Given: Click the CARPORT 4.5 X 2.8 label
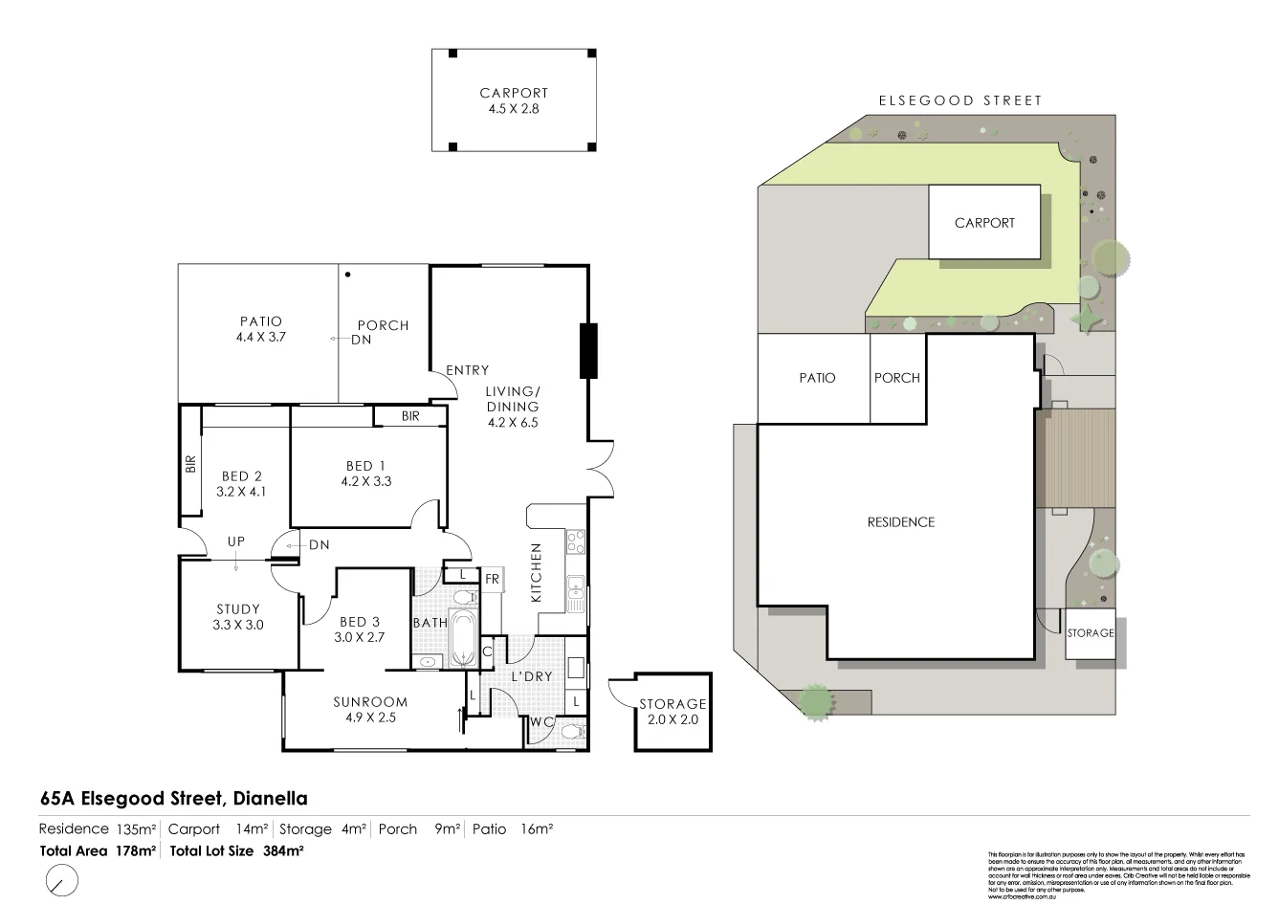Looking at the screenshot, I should (514, 100).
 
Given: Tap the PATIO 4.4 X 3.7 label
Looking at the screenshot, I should (260, 329).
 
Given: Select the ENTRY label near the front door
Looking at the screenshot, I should (467, 370).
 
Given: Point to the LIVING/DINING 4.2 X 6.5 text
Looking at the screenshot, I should (513, 407).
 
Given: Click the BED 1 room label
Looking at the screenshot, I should (368, 474).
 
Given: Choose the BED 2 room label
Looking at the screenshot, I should (241, 483).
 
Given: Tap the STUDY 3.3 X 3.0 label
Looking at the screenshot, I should (238, 616).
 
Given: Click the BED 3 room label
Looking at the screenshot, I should (359, 629).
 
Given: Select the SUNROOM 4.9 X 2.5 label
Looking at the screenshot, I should (370, 709).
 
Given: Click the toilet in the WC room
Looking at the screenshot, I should (572, 733).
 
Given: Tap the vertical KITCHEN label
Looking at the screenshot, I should (537, 572).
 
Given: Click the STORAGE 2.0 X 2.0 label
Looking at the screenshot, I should (673, 711).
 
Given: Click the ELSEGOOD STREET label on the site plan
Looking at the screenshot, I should (960, 100).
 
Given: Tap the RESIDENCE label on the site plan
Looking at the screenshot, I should (900, 522).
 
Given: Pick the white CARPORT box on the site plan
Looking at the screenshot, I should (984, 222).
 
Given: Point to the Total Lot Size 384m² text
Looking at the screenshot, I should (236, 850).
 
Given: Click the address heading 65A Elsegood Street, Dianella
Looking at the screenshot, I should (173, 798).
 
